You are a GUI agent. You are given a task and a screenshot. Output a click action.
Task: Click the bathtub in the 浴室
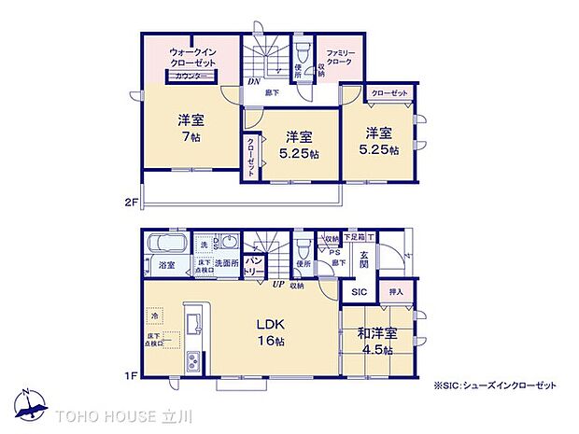pyautogui.click(x=166, y=246)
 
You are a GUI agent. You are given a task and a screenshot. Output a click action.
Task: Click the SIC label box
pyautogui.click(x=360, y=293)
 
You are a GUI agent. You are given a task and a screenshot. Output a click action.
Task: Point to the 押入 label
pyautogui.click(x=397, y=293)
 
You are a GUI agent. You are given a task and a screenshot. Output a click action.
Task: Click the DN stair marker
pyautogui.click(x=253, y=80)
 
